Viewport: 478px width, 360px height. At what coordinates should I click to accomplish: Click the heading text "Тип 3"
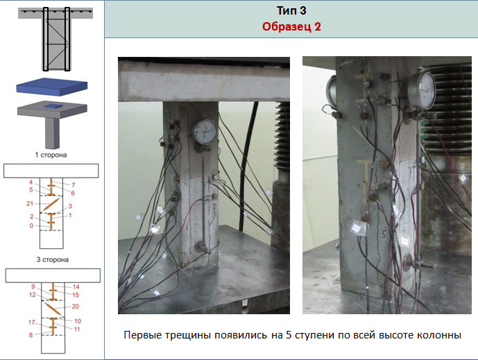click(x=291, y=10)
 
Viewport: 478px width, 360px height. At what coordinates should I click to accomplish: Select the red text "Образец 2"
click(x=291, y=26)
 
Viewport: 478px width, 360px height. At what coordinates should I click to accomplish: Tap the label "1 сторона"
click(x=51, y=155)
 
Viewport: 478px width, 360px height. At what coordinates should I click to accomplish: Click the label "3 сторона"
click(x=53, y=259)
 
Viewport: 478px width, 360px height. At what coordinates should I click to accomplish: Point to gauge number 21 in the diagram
click(x=30, y=203)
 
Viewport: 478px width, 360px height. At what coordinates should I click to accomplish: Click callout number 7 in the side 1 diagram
click(x=73, y=185)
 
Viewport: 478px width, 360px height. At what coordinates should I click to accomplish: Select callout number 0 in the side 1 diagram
click(x=31, y=225)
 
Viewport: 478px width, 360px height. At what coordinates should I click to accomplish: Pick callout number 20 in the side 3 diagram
click(x=76, y=307)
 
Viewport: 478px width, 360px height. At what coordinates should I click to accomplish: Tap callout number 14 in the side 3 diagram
click(x=76, y=287)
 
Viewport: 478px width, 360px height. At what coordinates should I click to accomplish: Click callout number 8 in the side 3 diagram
click(x=31, y=335)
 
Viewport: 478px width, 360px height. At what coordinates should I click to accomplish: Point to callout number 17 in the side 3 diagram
click(x=32, y=323)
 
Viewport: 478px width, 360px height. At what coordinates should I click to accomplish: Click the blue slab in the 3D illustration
click(x=52, y=87)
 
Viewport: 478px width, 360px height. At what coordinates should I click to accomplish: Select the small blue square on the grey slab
click(x=53, y=106)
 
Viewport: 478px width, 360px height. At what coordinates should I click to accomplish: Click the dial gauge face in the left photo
click(x=205, y=132)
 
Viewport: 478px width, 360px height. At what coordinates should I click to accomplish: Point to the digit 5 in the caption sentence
click(x=289, y=335)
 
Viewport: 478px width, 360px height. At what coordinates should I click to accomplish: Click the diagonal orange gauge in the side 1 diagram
click(x=51, y=204)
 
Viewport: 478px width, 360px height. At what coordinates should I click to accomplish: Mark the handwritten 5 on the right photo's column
click(x=383, y=234)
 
